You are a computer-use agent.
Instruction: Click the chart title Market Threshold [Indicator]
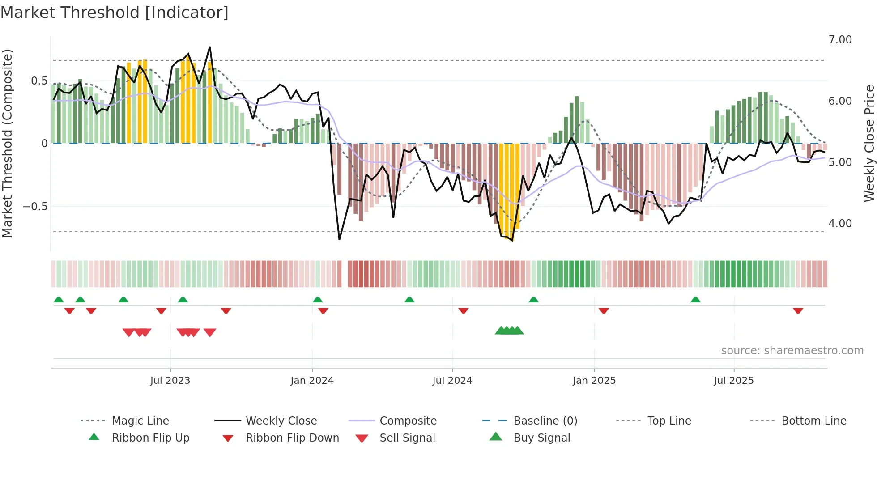[115, 13]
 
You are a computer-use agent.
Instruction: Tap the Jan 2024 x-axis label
[312, 381]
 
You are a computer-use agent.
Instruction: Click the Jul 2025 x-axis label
[733, 381]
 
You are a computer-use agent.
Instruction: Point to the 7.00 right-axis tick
[840, 40]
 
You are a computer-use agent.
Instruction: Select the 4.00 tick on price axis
[840, 224]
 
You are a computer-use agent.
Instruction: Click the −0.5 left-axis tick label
[35, 207]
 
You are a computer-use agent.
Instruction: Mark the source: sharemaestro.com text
[792, 351]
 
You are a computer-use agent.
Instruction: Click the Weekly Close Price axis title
[869, 143]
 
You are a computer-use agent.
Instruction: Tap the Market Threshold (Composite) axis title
[7, 143]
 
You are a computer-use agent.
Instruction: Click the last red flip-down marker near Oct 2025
[798, 310]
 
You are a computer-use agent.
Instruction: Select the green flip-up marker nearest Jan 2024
[317, 300]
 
